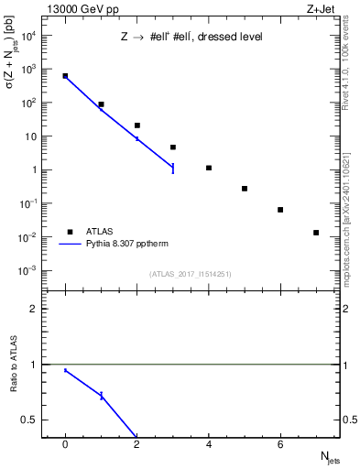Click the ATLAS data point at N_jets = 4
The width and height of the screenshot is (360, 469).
(x=209, y=168)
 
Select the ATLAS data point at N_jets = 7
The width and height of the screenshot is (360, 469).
(x=316, y=233)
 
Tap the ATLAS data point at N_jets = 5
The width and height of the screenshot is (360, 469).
(x=245, y=189)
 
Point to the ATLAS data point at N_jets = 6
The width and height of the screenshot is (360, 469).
(x=280, y=210)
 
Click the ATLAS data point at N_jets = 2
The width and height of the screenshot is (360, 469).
(x=137, y=125)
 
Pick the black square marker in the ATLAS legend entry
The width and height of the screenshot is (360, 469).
(x=69, y=232)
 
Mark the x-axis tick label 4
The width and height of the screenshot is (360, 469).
(x=209, y=444)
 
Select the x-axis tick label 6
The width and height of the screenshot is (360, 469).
(x=280, y=444)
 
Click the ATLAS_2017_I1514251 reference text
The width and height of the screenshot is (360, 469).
(x=191, y=274)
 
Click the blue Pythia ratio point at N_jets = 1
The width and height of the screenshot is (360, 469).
(x=102, y=396)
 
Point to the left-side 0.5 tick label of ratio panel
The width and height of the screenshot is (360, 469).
(x=37, y=420)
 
